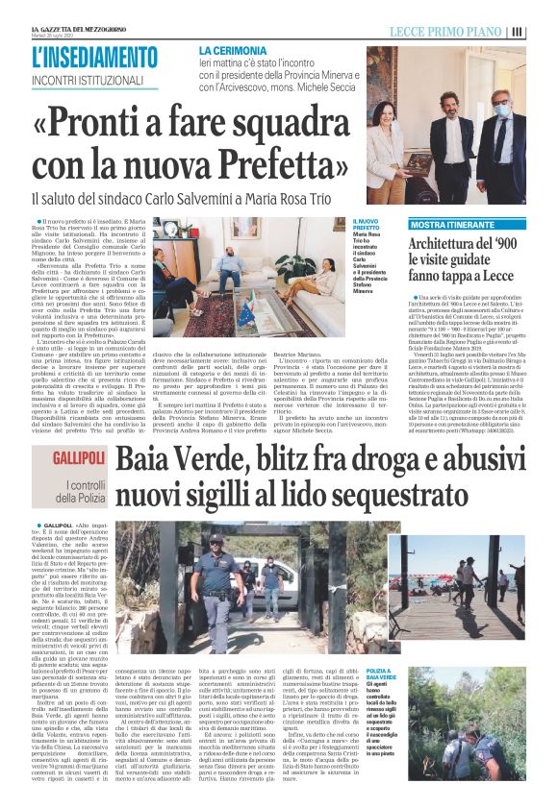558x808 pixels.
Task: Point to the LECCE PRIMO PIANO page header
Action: click(x=447, y=32)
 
